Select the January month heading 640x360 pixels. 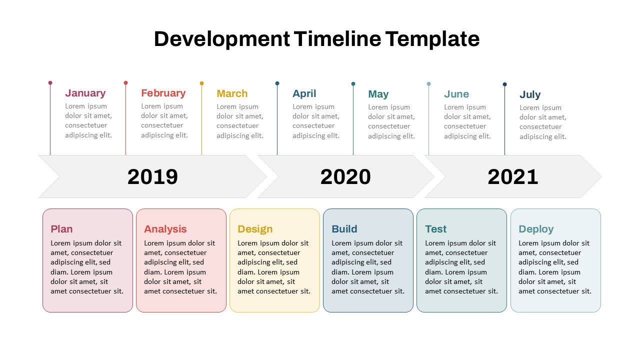(x=85, y=93)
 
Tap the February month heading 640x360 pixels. (x=163, y=93)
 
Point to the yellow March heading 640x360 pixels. (x=232, y=93)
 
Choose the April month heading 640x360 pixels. (x=304, y=93)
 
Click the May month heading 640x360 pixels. (x=378, y=94)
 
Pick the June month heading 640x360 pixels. (x=456, y=94)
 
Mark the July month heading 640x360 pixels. (x=530, y=94)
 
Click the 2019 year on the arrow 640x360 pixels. (x=152, y=177)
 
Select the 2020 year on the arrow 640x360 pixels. (x=345, y=177)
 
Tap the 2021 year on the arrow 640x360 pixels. (x=513, y=177)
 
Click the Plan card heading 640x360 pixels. (x=61, y=229)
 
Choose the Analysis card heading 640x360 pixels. (x=165, y=229)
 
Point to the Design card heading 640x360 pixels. (x=255, y=229)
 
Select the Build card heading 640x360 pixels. (x=344, y=229)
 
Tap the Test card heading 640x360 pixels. (x=436, y=229)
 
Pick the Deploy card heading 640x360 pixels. (x=536, y=229)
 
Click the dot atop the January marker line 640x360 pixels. (x=50, y=82)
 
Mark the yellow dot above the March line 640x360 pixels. (x=202, y=83)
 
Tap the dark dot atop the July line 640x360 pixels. (x=504, y=84)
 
